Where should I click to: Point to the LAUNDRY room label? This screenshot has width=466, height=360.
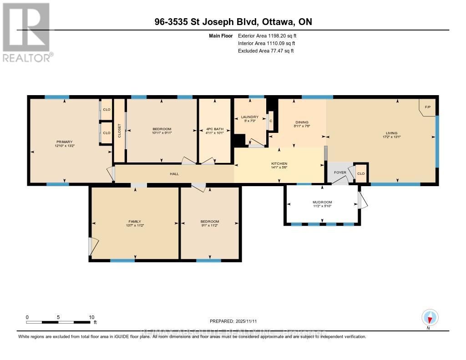[249, 117]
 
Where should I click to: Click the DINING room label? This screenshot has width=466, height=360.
[302, 122]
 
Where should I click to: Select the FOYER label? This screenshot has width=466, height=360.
[340, 172]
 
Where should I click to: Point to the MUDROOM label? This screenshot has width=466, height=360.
[322, 202]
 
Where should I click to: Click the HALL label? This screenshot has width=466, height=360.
[175, 174]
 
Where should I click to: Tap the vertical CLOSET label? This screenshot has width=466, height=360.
[119, 132]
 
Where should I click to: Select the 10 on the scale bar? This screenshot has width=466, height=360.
[91, 317]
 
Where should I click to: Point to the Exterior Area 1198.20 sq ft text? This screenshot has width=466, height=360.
[268, 35]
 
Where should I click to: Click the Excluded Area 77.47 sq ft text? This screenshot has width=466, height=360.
[266, 51]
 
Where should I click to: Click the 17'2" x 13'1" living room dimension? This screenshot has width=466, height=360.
[391, 137]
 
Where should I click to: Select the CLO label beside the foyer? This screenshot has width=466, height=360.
[361, 173]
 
